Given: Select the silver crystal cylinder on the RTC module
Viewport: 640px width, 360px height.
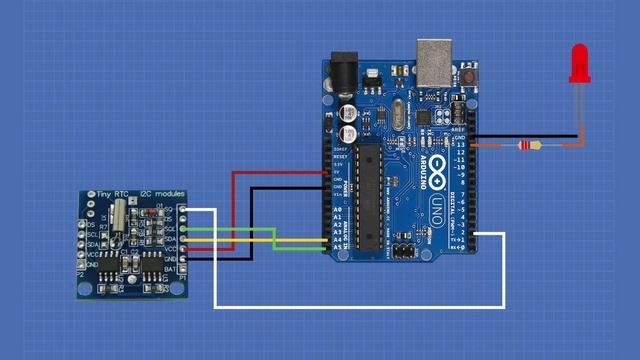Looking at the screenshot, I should [x=121, y=213].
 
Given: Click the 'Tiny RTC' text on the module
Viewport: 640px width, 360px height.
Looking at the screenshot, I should [x=102, y=194].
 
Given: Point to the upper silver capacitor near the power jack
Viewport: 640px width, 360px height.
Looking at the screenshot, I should [x=350, y=108].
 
